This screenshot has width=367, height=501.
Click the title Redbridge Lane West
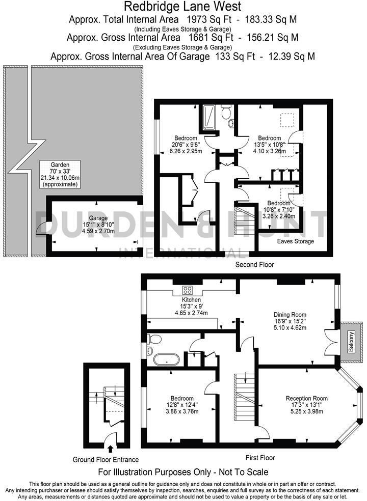(x=183, y=7)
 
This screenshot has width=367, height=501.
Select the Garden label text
(x=59, y=164)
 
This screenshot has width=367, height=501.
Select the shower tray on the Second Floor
(x=209, y=118)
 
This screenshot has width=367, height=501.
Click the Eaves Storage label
(x=296, y=241)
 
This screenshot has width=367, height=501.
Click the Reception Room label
(x=306, y=398)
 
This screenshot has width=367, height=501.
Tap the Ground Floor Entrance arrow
(x=111, y=448)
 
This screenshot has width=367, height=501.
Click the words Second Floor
(x=254, y=265)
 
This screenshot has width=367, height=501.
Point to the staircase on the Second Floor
(x=243, y=219)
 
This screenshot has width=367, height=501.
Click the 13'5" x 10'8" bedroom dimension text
(x=269, y=145)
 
